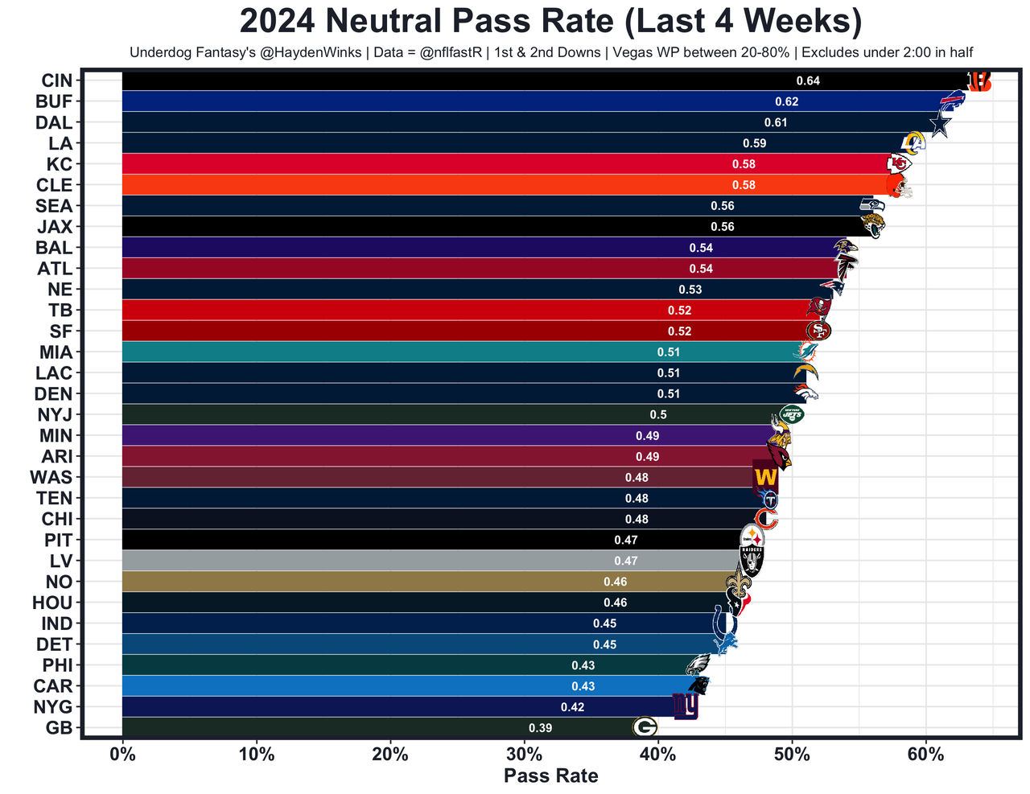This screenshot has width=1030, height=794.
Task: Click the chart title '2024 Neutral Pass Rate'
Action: (x=550, y=21)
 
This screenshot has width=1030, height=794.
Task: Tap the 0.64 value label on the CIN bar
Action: (x=808, y=80)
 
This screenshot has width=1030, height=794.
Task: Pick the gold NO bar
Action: (x=362, y=582)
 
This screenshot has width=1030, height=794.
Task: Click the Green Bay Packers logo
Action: (x=645, y=727)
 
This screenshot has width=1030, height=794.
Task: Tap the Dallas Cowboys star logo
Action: (x=939, y=124)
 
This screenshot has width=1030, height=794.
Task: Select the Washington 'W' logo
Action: (x=765, y=478)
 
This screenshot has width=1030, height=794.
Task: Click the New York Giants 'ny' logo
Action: (x=686, y=706)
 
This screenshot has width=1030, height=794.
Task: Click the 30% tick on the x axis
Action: (x=525, y=755)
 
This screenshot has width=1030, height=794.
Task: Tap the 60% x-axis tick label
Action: (x=925, y=755)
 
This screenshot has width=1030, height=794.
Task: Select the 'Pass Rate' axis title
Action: (x=550, y=776)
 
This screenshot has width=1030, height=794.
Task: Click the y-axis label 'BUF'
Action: (x=54, y=101)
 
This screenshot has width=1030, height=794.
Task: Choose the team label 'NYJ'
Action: (x=55, y=415)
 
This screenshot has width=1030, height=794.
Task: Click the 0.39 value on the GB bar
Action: (x=540, y=728)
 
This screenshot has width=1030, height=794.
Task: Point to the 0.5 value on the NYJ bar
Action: (x=658, y=415)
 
